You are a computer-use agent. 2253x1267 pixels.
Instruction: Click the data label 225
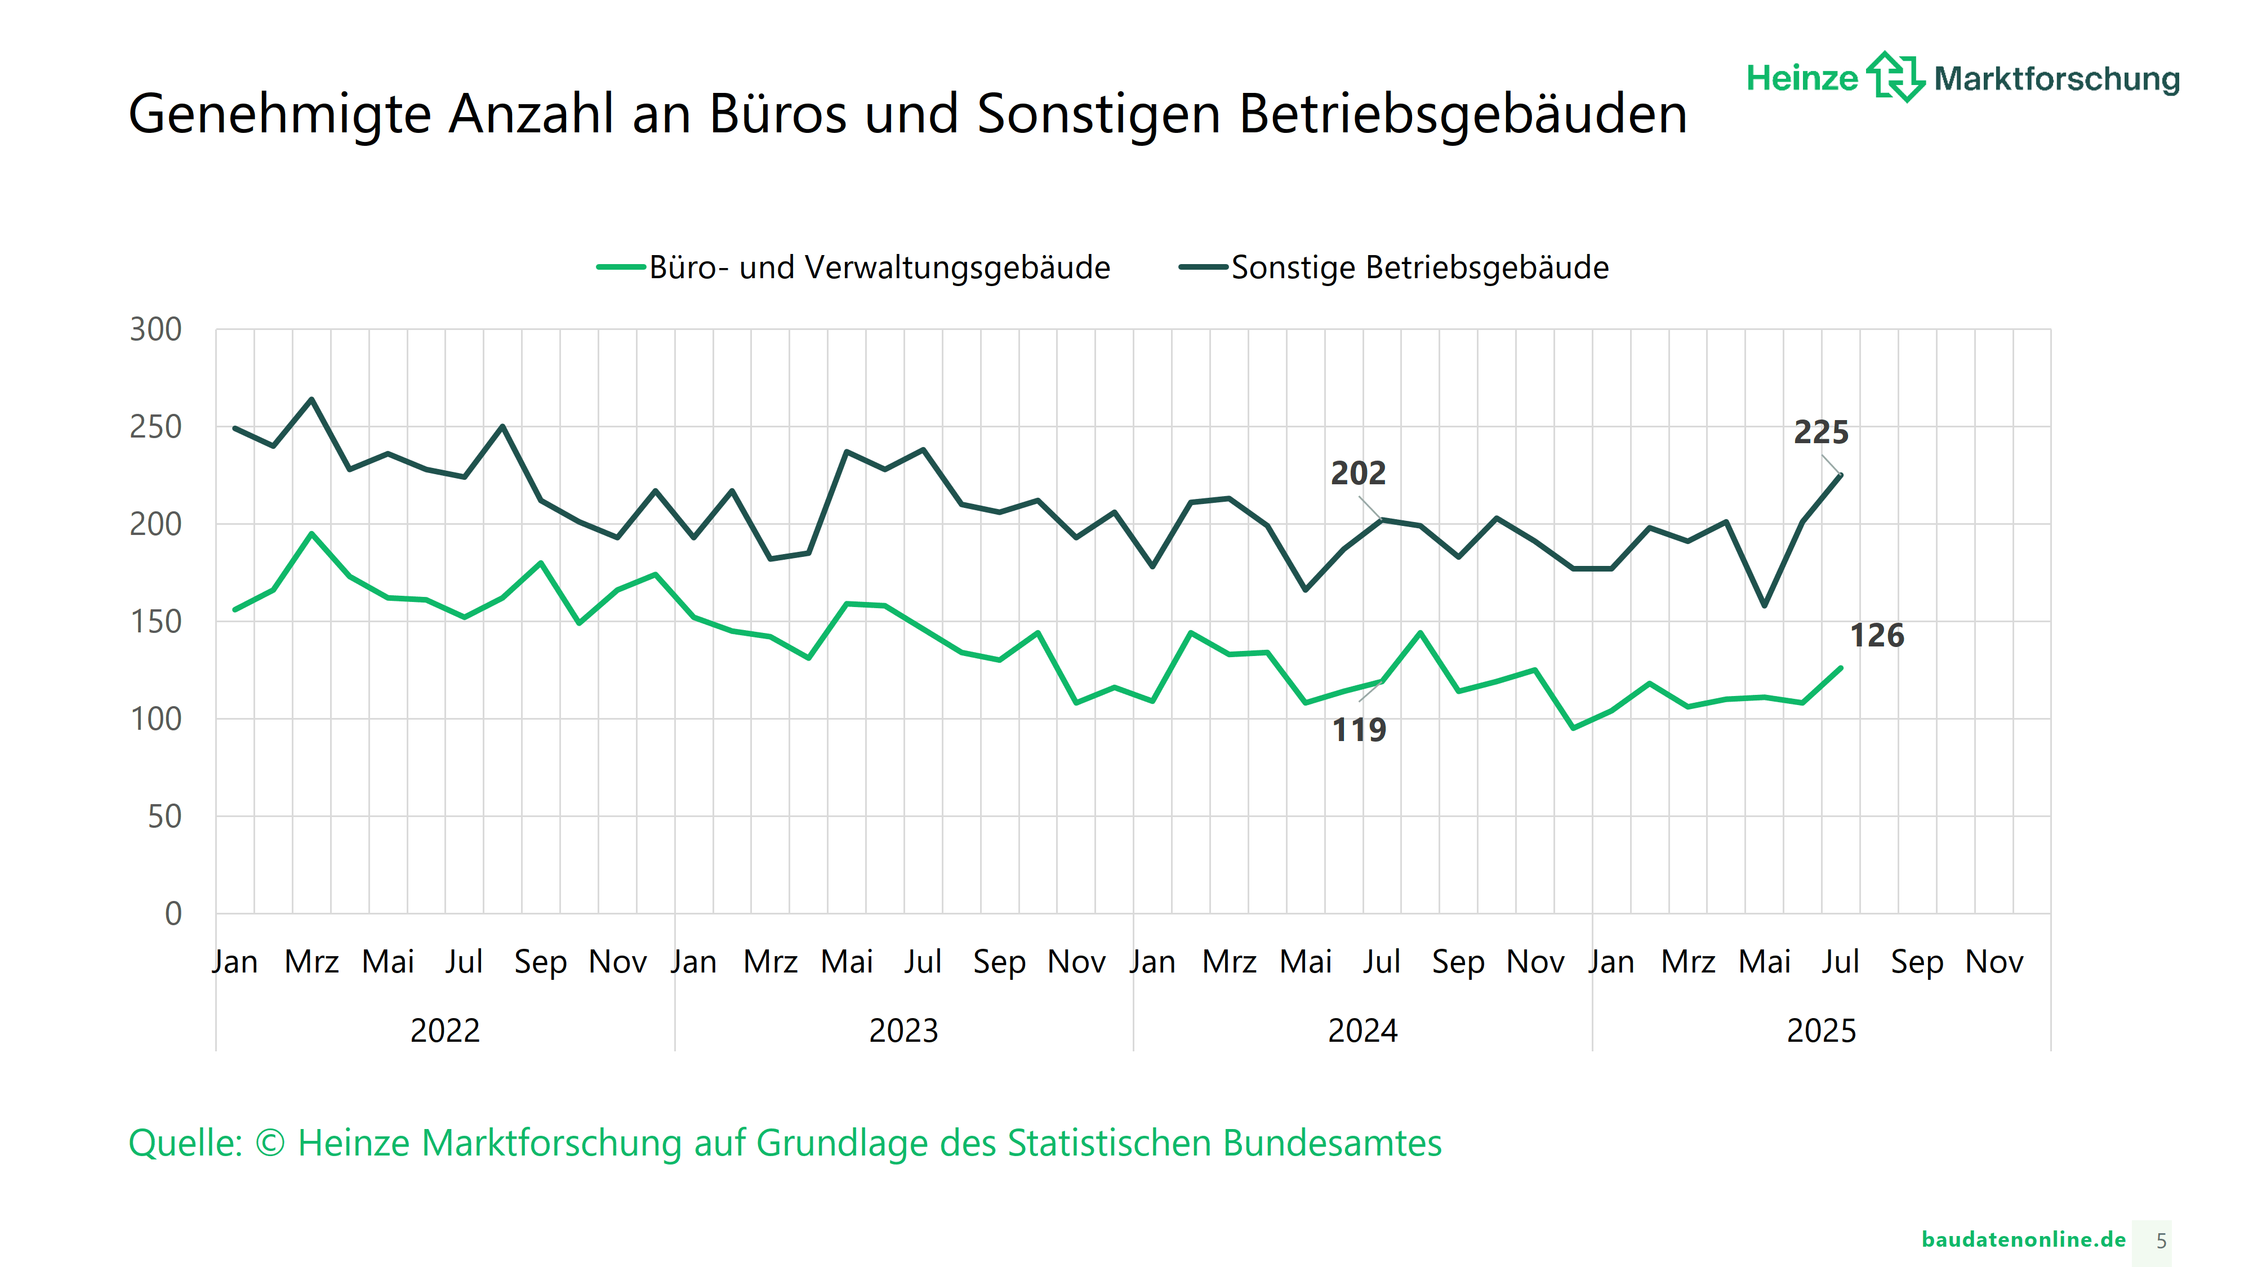tap(1821, 432)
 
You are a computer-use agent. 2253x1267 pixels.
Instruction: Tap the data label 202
tap(1358, 473)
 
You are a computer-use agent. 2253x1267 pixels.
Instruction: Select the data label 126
tap(1877, 636)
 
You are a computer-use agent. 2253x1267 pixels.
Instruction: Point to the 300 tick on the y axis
tap(155, 329)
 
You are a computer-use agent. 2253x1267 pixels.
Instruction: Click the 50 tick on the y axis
tap(164, 817)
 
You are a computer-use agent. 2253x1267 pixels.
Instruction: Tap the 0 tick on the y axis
tap(173, 914)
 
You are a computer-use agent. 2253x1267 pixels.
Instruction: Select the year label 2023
tap(903, 1031)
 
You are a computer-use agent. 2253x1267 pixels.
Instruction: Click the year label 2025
tap(1821, 1031)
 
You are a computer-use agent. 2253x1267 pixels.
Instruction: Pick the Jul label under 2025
tap(1840, 962)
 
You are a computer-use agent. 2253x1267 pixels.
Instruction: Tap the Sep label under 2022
tap(541, 962)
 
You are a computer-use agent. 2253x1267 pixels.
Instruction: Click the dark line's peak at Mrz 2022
tap(311, 400)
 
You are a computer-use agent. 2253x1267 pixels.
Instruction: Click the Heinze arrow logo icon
tap(1895, 77)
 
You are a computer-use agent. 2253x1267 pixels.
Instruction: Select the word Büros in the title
tap(777, 114)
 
